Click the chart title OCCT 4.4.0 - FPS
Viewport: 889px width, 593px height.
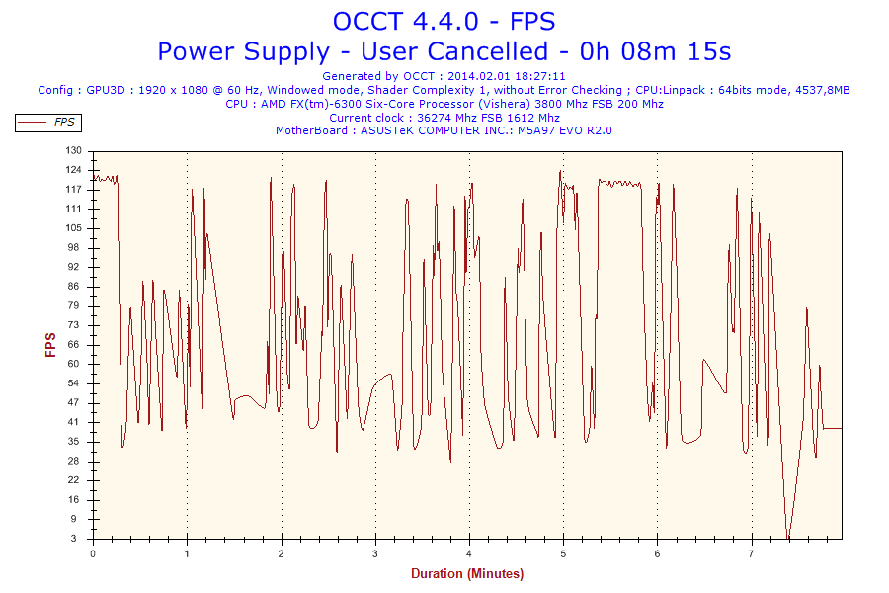[x=444, y=21]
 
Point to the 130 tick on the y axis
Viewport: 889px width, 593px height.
[x=73, y=150]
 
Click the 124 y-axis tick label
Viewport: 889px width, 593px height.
[x=73, y=170]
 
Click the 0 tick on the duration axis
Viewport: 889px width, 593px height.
[x=93, y=553]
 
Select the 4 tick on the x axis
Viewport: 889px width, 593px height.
[x=469, y=553]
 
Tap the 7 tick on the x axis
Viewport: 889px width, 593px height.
[x=752, y=553]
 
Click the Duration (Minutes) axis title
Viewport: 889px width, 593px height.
[x=467, y=573]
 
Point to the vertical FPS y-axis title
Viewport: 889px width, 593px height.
[x=50, y=344]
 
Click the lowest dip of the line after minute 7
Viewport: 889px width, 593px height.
[x=788, y=538]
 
